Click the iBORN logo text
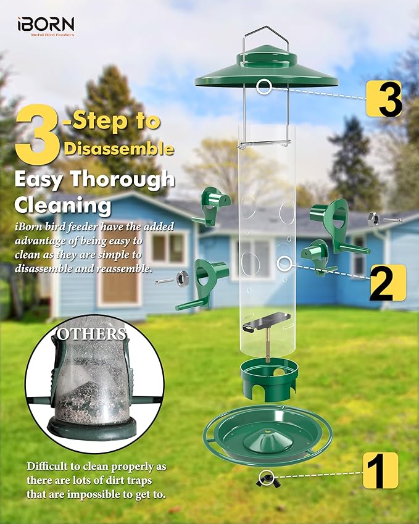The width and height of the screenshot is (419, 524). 46,25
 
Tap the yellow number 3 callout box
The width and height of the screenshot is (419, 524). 384,98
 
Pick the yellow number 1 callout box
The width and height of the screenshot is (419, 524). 380,470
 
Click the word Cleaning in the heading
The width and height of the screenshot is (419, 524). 62,204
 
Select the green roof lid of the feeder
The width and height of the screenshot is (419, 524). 267,71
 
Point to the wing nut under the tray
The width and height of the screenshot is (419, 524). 267,477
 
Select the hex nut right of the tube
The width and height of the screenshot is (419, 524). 373,218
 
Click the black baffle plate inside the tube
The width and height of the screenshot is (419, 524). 268,320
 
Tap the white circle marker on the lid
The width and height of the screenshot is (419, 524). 265,86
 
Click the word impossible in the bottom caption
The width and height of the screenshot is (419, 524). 105,494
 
